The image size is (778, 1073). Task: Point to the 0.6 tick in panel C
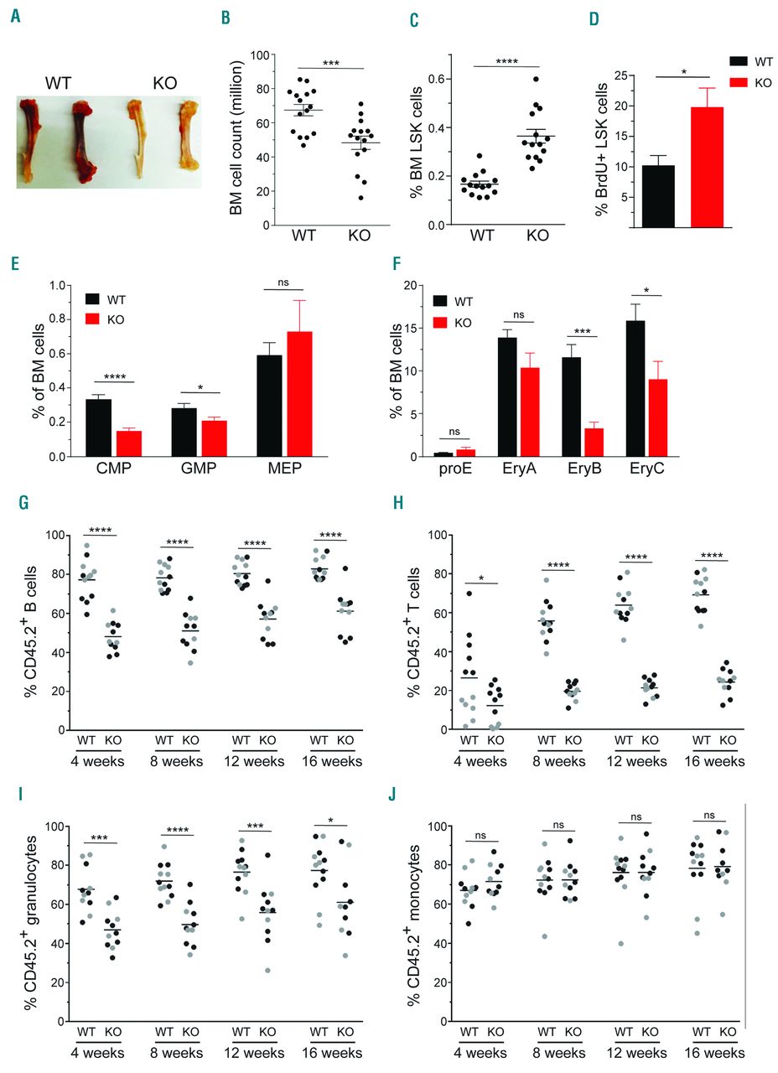coord(430,79)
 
